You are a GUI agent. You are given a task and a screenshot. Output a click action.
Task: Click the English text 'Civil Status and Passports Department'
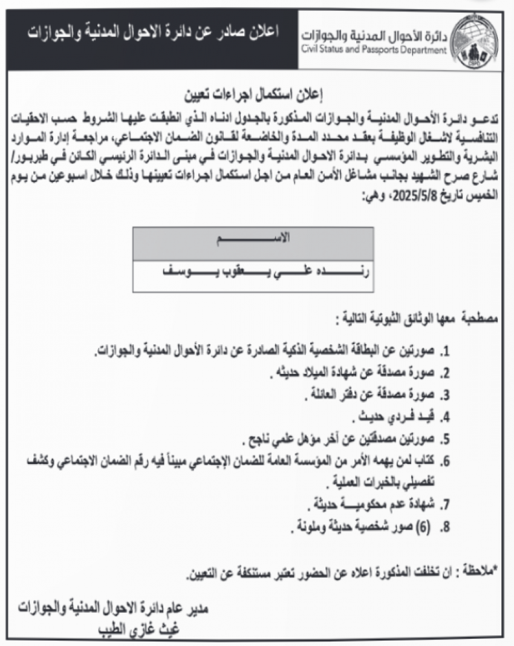[x=374, y=50]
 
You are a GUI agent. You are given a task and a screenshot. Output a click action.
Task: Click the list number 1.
[x=446, y=351]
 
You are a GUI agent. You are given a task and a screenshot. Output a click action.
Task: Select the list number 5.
[x=446, y=439]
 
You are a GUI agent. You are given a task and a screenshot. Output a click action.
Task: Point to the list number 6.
[x=446, y=462]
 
